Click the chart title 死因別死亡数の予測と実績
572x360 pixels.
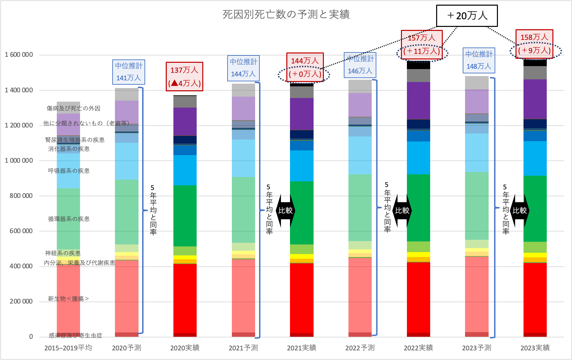click(x=286, y=14)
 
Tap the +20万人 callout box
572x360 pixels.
click(x=467, y=16)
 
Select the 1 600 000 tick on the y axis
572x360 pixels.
click(x=19, y=55)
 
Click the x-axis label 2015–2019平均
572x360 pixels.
click(x=68, y=348)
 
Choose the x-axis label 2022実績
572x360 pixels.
click(x=418, y=348)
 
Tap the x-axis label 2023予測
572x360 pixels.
click(x=476, y=348)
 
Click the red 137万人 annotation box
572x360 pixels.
click(x=184, y=76)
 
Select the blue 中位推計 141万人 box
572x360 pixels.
click(x=129, y=72)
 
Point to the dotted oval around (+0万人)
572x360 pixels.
click(x=304, y=74)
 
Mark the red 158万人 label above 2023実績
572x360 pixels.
click(x=534, y=37)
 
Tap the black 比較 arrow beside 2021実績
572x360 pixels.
click(x=285, y=211)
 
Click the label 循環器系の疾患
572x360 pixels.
click(x=69, y=219)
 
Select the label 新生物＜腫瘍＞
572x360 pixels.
click(x=68, y=299)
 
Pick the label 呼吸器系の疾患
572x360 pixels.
click(x=69, y=171)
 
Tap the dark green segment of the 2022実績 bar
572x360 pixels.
click(x=418, y=208)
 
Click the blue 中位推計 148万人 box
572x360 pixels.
click(x=479, y=60)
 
